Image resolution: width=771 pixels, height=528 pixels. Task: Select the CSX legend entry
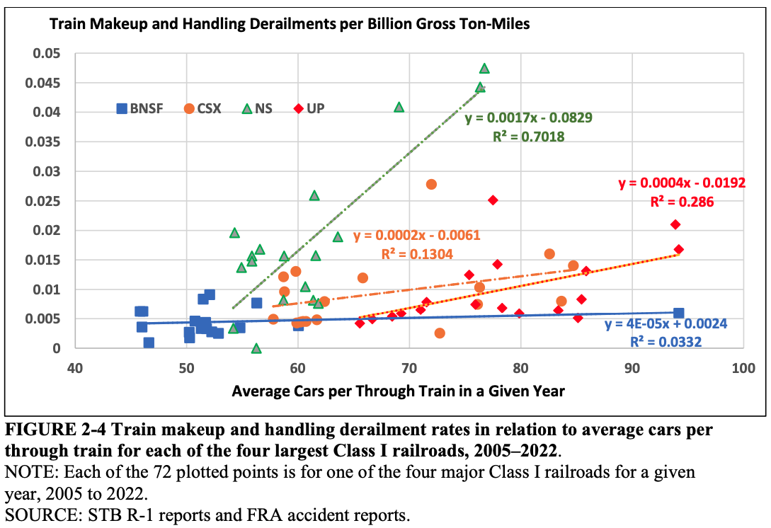pos(202,109)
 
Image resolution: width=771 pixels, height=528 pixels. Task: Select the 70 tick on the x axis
pos(409,368)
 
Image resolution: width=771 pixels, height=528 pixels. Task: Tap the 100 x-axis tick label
pos(742,368)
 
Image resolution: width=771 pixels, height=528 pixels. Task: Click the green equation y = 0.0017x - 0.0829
pos(528,118)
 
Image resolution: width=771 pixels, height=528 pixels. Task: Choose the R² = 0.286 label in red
pos(682,202)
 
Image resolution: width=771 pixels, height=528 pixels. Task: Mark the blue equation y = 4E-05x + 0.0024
pos(666,325)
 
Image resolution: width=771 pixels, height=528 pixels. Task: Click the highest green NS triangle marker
pos(484,69)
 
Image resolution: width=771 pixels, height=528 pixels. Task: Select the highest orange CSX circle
pos(431,184)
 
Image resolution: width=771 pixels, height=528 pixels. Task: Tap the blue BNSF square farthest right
pos(678,314)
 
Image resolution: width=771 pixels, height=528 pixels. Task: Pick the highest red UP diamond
pos(493,200)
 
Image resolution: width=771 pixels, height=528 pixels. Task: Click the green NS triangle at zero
pos(256,348)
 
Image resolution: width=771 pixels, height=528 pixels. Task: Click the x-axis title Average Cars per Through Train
pos(398,391)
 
